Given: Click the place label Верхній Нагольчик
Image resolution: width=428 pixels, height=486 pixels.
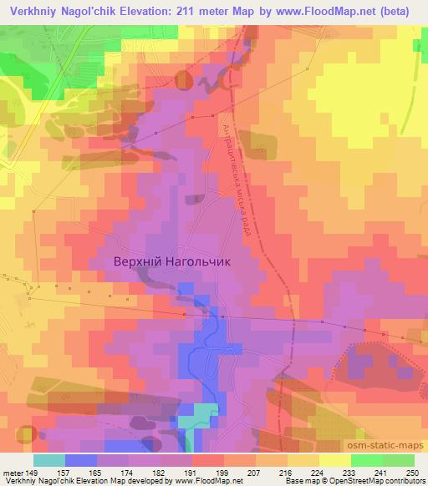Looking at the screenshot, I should (x=171, y=261).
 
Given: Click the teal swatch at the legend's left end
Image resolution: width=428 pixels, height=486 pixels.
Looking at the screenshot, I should (x=49, y=460).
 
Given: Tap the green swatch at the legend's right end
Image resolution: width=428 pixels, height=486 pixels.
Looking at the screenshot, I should (x=398, y=460).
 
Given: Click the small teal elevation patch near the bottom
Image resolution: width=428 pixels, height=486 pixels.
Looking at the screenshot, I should (x=200, y=415).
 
